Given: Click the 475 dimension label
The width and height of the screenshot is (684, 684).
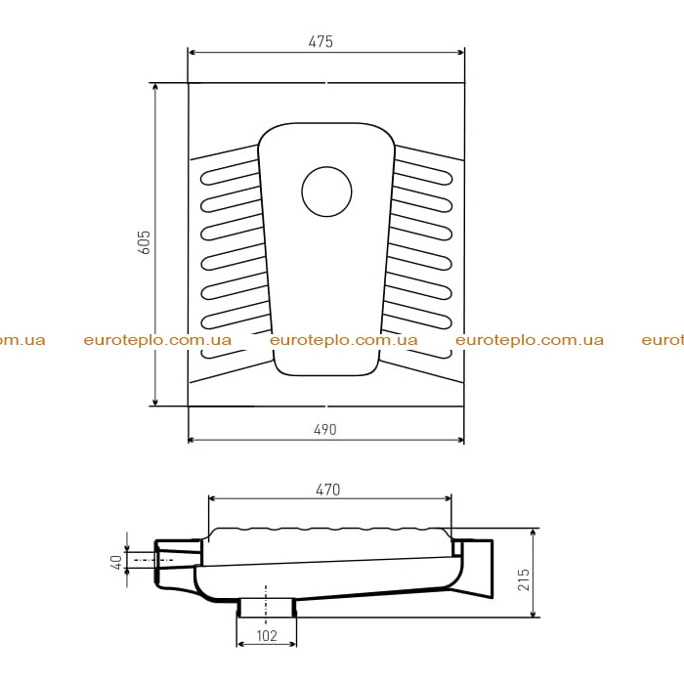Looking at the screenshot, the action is (321, 41).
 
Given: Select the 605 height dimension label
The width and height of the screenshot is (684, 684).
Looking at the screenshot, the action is (144, 242).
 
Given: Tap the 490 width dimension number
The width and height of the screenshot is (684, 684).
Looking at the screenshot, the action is (325, 430).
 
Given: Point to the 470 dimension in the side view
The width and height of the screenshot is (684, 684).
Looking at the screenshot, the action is (327, 490).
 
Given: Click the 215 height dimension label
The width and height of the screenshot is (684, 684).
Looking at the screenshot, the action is (524, 579).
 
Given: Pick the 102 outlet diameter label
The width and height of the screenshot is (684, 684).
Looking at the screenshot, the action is (267, 635).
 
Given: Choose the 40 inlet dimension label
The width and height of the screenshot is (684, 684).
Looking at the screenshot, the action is (116, 562).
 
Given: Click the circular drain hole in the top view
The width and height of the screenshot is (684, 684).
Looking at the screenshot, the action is (326, 192).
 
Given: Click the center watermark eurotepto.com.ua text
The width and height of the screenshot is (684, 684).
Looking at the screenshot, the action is (344, 340).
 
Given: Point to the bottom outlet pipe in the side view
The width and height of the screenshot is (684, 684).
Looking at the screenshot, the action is (267, 608).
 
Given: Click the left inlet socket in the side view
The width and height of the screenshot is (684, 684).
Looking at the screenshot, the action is (178, 563).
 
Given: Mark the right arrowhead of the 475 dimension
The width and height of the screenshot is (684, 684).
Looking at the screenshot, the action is (460, 53).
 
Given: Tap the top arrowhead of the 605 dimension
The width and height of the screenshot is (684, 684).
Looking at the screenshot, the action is (154, 87).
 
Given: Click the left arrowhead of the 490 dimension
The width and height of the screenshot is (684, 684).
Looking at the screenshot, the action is (192, 440).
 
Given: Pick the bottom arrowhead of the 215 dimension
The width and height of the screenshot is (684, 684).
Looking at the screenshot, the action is (534, 613).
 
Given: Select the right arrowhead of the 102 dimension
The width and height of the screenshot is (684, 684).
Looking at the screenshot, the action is (292, 644).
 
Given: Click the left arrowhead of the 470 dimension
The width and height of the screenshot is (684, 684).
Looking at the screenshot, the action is (213, 498).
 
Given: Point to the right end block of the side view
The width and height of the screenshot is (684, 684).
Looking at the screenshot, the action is (475, 567).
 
